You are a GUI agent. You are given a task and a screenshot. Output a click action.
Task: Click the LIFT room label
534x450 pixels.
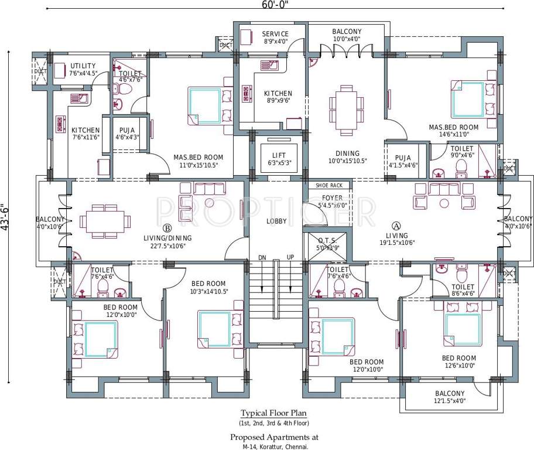279,155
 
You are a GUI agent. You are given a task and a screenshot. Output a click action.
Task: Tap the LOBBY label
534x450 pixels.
276,221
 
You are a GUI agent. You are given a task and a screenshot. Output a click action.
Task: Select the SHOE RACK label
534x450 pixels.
329,186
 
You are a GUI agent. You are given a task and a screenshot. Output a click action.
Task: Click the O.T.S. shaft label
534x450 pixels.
327,241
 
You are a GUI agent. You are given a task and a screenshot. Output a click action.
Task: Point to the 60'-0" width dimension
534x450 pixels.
275,5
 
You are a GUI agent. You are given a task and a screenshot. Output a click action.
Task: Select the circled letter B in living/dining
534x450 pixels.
167,227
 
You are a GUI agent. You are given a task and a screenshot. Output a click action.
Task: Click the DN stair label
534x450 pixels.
262,258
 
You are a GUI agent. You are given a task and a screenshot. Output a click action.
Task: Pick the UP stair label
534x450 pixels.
290,258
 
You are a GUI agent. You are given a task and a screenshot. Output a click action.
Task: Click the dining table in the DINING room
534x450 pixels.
346,110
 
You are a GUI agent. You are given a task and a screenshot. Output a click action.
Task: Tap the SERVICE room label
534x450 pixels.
275,34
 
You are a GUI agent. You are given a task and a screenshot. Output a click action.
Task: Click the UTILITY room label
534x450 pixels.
83,66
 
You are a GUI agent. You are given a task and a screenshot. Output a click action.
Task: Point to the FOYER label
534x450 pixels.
332,198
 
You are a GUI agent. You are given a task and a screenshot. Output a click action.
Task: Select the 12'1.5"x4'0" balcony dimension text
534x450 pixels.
450,401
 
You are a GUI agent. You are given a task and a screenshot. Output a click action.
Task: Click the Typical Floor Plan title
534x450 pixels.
274,413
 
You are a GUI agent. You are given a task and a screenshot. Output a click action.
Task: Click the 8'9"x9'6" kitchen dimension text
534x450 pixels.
278,101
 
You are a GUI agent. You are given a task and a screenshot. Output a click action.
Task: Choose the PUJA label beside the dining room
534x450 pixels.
403,158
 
